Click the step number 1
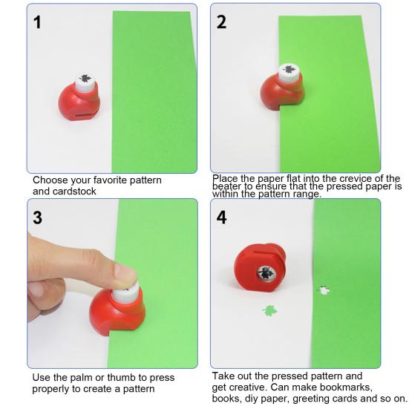37,22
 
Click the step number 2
221,22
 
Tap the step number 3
38,217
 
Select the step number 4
221,217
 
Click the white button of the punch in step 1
85,82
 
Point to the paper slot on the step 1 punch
82,115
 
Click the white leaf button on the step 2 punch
289,73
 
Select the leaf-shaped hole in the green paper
324,290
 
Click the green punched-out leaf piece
269,311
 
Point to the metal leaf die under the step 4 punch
266,273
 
